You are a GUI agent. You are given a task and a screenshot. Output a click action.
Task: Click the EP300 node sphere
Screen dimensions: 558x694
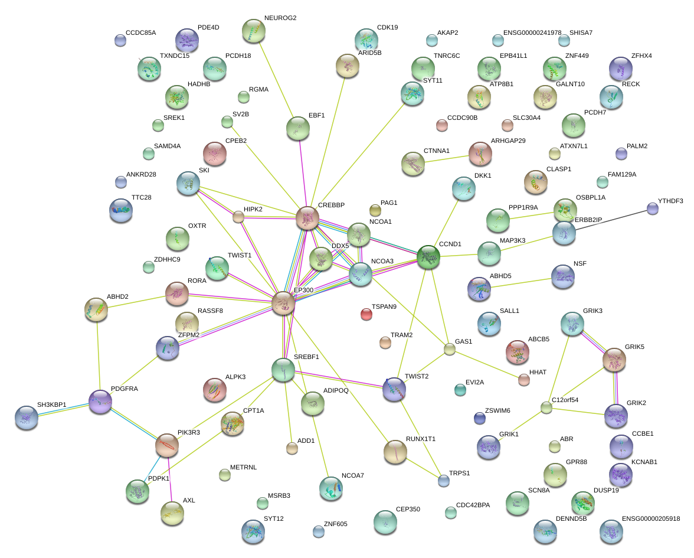click(283, 303)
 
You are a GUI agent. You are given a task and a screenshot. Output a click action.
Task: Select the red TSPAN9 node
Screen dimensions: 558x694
click(366, 314)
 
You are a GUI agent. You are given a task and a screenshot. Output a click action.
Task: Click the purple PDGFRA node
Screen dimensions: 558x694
click(100, 401)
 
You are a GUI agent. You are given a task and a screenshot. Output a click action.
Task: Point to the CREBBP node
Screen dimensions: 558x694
click(307, 218)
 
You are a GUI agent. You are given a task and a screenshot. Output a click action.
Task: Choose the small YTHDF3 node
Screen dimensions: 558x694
click(652, 208)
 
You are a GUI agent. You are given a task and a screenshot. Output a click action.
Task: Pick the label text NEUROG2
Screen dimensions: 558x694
click(280, 18)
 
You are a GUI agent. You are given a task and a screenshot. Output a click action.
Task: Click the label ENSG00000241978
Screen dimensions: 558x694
click(532, 32)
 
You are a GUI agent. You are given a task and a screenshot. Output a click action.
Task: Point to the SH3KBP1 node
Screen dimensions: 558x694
click(26, 417)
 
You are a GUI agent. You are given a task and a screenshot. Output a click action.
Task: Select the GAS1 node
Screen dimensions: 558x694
click(450, 349)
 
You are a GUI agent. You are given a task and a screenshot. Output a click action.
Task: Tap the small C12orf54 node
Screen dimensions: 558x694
click(546, 407)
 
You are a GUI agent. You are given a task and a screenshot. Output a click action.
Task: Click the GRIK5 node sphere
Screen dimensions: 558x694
click(614, 359)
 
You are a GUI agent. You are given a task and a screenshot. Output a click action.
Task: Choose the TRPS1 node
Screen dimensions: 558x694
click(443, 481)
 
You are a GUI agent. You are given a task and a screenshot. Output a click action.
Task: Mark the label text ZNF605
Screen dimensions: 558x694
click(335, 524)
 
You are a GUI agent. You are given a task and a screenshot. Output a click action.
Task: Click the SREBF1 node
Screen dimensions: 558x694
click(283, 370)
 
